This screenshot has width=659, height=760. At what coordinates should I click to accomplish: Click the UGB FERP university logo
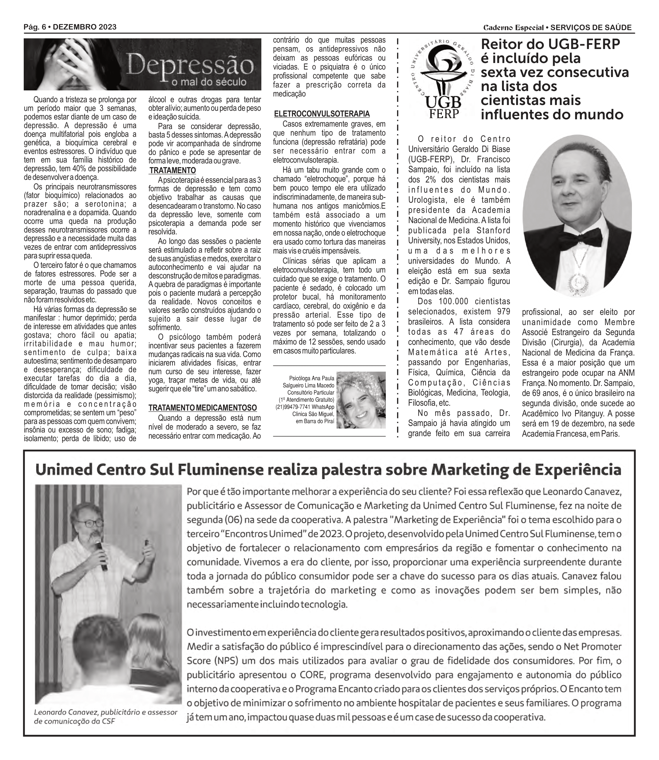click(x=442, y=79)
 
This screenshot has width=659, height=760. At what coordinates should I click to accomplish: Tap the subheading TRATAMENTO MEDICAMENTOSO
click(x=203, y=408)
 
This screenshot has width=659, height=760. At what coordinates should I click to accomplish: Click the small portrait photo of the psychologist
click(x=361, y=400)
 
